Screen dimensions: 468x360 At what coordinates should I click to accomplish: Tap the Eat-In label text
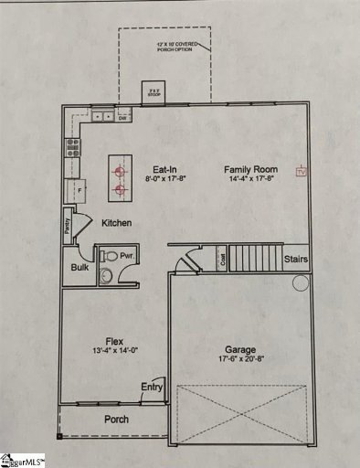164,169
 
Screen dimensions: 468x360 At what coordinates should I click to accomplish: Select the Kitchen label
116,223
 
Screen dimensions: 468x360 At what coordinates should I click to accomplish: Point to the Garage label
241,349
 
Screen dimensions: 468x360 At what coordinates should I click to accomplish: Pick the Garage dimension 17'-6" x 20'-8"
241,362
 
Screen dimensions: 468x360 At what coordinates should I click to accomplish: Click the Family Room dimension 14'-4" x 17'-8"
252,180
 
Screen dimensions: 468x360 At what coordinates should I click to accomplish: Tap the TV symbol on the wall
298,170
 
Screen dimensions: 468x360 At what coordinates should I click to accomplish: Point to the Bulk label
80,268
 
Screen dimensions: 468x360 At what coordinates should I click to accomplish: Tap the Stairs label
296,259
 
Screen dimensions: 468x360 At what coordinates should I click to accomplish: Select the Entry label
152,388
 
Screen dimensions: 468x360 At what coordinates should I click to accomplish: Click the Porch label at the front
115,420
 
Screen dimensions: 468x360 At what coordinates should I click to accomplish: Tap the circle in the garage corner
300,284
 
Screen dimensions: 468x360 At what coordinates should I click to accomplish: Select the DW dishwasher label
122,117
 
